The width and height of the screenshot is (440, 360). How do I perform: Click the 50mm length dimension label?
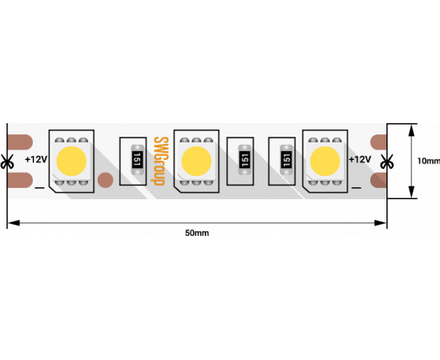197,233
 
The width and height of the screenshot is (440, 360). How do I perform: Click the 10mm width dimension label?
429,161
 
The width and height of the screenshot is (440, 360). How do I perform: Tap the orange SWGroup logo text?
160,161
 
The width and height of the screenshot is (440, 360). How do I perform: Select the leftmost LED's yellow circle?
71,161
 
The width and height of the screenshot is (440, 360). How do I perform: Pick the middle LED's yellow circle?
197,161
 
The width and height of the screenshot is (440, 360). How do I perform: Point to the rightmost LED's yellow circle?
325,161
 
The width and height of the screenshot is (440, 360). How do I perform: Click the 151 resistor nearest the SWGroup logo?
137,160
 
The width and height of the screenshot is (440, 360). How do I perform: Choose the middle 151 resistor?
245,160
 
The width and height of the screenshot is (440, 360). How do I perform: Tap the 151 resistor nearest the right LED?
286,160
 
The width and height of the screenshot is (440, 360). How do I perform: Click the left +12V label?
36,160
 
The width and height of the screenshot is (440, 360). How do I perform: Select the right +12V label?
360,160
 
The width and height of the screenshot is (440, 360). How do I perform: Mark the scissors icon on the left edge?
7,162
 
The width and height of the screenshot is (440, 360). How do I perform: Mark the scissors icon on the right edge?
387,162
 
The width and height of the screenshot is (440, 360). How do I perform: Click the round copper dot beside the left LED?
106,180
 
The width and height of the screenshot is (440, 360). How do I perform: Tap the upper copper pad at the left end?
20,142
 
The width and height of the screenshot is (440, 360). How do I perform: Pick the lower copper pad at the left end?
20,180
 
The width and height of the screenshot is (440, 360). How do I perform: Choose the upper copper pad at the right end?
378,142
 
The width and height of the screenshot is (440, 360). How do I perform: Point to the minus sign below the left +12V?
39,188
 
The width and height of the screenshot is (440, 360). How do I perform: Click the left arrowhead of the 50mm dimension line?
14,223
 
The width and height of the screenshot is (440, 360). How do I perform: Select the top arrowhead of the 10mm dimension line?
411,130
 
